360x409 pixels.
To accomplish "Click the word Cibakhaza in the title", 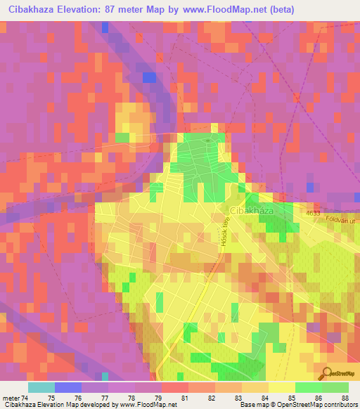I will click(36, 9).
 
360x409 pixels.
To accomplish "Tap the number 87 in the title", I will click(124, 9).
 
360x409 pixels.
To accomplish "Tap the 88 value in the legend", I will click(344, 398).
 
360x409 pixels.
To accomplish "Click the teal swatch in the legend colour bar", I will click(41, 387).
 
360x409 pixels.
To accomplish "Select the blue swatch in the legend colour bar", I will click(68, 387).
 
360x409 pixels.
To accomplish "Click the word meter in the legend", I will click(12, 398).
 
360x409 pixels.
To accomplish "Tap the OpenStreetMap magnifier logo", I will click(326, 373).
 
